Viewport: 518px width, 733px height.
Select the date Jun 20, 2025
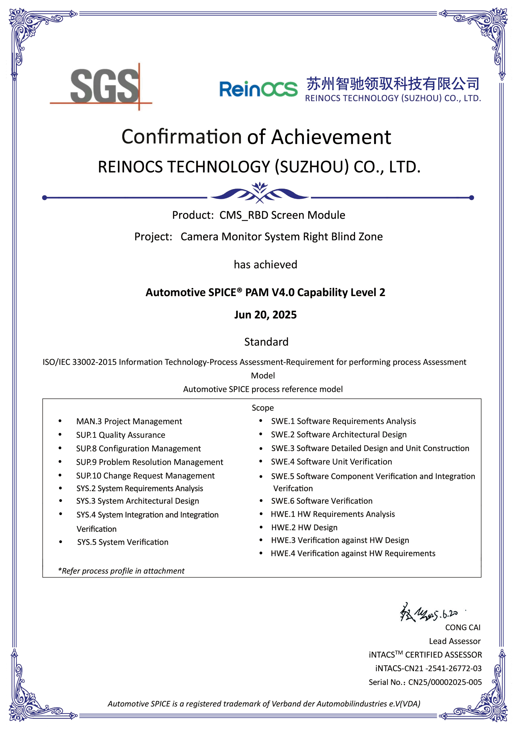click(x=265, y=315)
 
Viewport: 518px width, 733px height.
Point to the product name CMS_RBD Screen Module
click(x=282, y=215)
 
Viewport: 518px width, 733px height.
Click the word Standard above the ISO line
click(x=266, y=342)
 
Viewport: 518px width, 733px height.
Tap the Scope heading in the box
click(x=263, y=408)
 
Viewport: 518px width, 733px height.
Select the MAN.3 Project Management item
click(x=129, y=421)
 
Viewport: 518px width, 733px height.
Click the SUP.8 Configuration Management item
click(x=138, y=449)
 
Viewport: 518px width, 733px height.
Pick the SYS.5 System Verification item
click(x=123, y=542)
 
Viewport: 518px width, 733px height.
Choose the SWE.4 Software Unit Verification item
click(x=331, y=462)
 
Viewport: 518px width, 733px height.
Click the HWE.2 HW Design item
click(x=304, y=527)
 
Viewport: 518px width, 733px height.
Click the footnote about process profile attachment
click(x=121, y=571)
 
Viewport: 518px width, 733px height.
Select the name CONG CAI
click(x=462, y=628)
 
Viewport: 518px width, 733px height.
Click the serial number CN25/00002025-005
click(x=445, y=682)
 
